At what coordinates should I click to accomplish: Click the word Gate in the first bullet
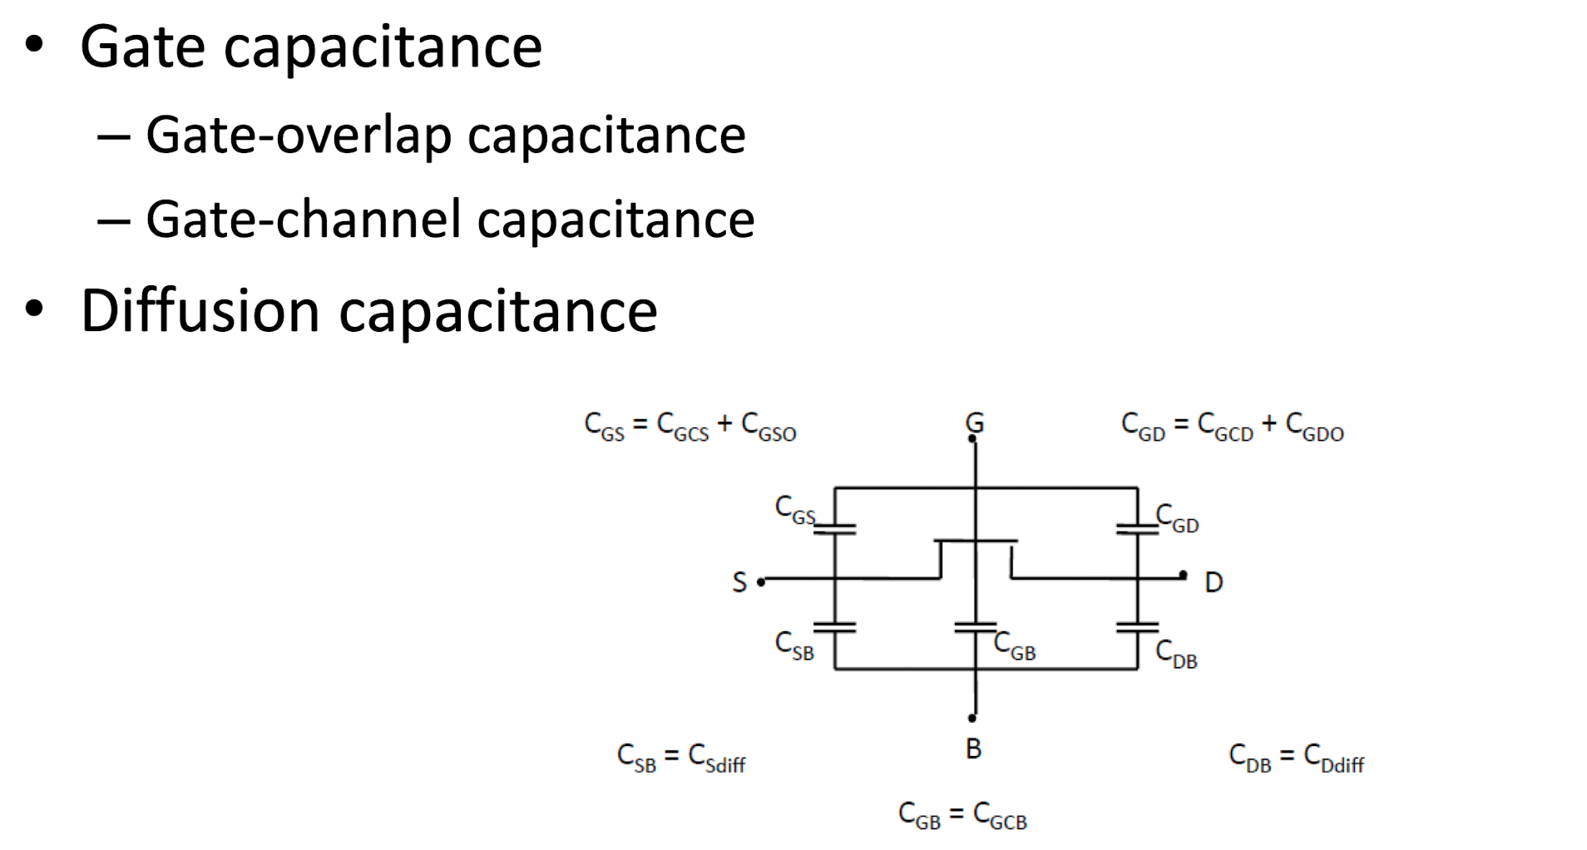pos(142,47)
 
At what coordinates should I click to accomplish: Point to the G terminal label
pos(975,423)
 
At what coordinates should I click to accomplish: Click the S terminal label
pos(739,581)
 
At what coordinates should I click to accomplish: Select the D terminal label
pos(1214,582)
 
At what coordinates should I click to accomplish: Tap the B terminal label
pos(973,749)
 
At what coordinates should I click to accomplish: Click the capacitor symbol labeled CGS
pos(835,529)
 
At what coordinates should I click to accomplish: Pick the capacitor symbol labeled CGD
pos(1137,529)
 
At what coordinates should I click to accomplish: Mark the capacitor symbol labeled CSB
pos(835,628)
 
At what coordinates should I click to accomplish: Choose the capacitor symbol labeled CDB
pos(1137,628)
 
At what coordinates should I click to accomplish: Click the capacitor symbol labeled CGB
pos(976,628)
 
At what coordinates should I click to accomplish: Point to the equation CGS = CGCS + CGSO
pos(690,427)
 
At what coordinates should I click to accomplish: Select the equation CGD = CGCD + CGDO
pos(1233,427)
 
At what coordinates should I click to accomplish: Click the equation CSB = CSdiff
pos(681,758)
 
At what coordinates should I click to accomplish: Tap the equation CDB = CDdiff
pos(1297,758)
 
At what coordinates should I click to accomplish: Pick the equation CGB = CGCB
pos(963,815)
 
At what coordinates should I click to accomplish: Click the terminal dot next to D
pos(1183,575)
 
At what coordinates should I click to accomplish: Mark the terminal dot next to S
pos(761,582)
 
